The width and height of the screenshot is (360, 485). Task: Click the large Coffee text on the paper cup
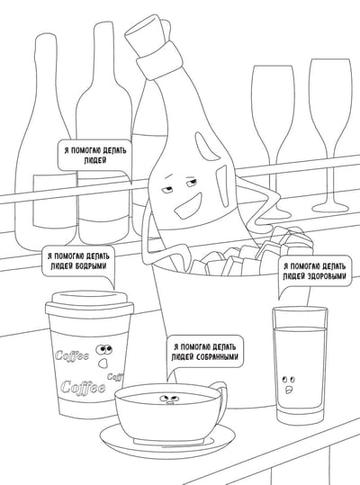(83, 387)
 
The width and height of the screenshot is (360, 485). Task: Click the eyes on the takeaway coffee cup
(103, 349)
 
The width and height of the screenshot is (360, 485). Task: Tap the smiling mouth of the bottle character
(188, 205)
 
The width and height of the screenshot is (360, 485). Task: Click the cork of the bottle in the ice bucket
(147, 30)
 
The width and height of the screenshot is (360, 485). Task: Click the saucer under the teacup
(167, 439)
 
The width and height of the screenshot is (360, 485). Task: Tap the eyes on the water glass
(288, 379)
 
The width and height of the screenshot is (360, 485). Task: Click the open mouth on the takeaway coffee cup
(103, 364)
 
